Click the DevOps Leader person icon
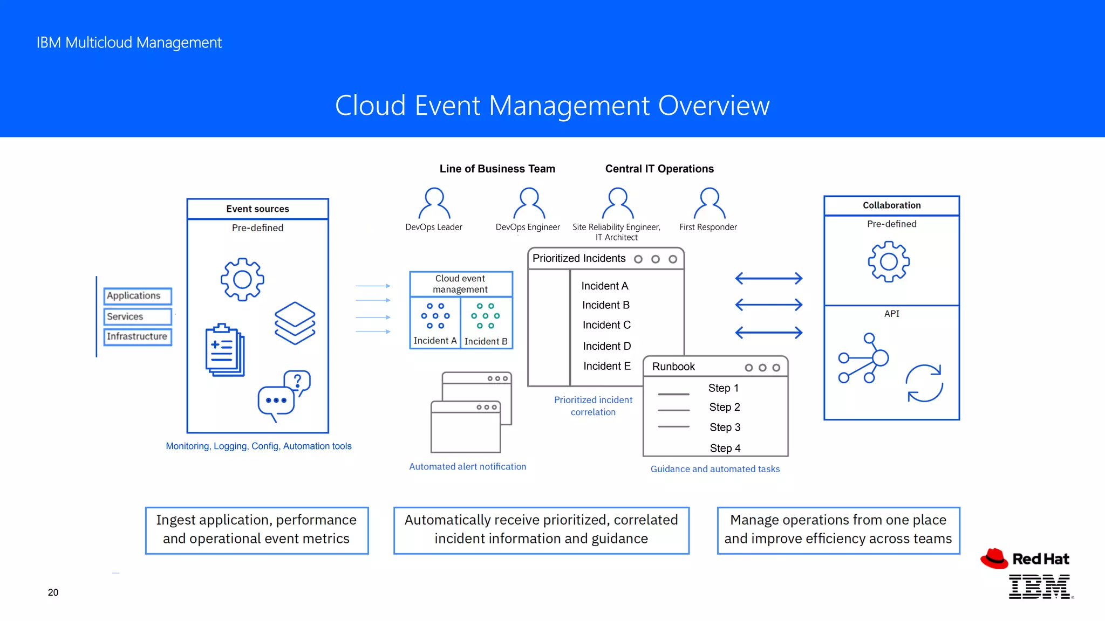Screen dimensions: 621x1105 [x=434, y=203]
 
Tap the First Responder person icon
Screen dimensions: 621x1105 [x=710, y=203]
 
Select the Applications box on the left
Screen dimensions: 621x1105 [x=138, y=296]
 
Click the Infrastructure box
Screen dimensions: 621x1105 [x=138, y=336]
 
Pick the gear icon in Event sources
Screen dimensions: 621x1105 [x=242, y=279]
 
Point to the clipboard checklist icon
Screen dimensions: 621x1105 [x=225, y=350]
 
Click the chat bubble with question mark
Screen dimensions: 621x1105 [x=285, y=396]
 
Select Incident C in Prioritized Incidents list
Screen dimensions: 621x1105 [x=606, y=325]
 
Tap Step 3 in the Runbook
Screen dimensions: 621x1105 [x=725, y=427]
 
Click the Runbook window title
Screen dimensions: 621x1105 [x=673, y=367]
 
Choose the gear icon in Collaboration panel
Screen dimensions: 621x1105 [x=889, y=262]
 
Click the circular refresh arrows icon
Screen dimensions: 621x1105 [x=924, y=383]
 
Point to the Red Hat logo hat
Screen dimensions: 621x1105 [x=994, y=558]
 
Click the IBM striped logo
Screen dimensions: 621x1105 [x=1040, y=586]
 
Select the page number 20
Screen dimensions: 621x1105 [x=53, y=592]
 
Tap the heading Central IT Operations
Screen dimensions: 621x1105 [x=659, y=169]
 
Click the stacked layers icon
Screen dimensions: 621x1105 [x=295, y=323]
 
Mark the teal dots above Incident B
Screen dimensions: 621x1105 [x=486, y=316]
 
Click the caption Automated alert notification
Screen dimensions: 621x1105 [x=467, y=467]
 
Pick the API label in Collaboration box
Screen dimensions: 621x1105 [x=891, y=314]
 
